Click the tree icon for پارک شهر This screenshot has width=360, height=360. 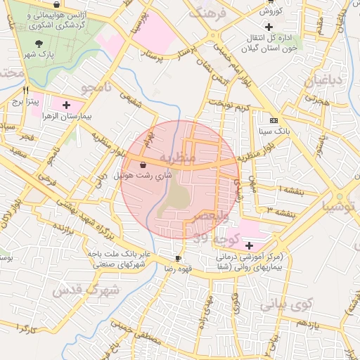coord(38,43)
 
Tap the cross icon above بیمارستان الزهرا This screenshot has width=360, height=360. coord(66,104)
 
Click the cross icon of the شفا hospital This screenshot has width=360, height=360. coord(250,245)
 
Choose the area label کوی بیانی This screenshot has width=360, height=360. coord(285,305)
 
